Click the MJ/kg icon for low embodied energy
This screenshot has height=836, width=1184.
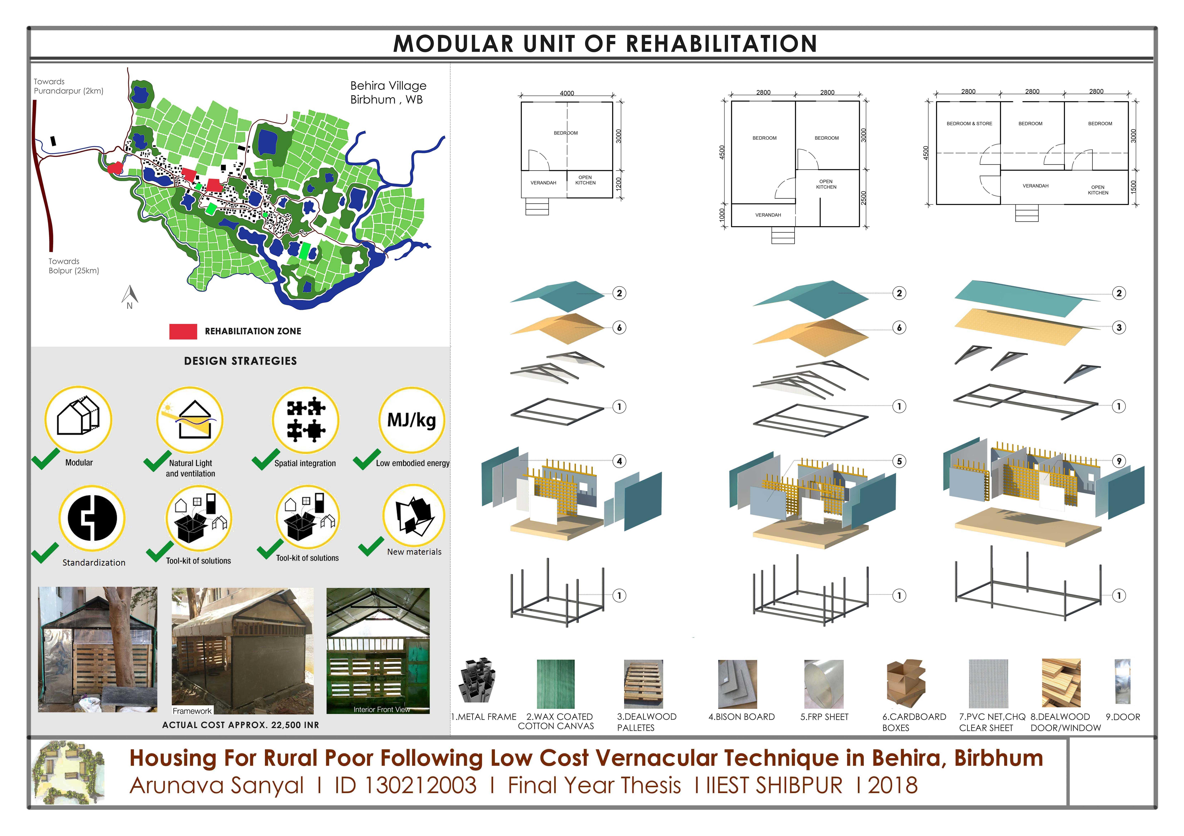[x=412, y=420]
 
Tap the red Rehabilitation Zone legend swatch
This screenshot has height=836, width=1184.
[x=183, y=331]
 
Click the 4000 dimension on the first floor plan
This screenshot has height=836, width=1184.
[x=567, y=93]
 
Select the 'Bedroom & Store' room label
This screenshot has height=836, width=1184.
[x=969, y=124]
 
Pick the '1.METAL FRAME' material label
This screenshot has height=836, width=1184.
[x=484, y=717]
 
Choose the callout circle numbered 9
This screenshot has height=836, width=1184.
[x=1119, y=461]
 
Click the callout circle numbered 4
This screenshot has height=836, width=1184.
[x=619, y=461]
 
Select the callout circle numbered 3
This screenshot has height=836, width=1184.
[x=1119, y=327]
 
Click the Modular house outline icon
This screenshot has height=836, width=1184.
[x=78, y=418]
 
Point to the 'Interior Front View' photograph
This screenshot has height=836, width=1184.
[x=378, y=650]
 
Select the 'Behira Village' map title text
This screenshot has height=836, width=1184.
[x=388, y=86]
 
